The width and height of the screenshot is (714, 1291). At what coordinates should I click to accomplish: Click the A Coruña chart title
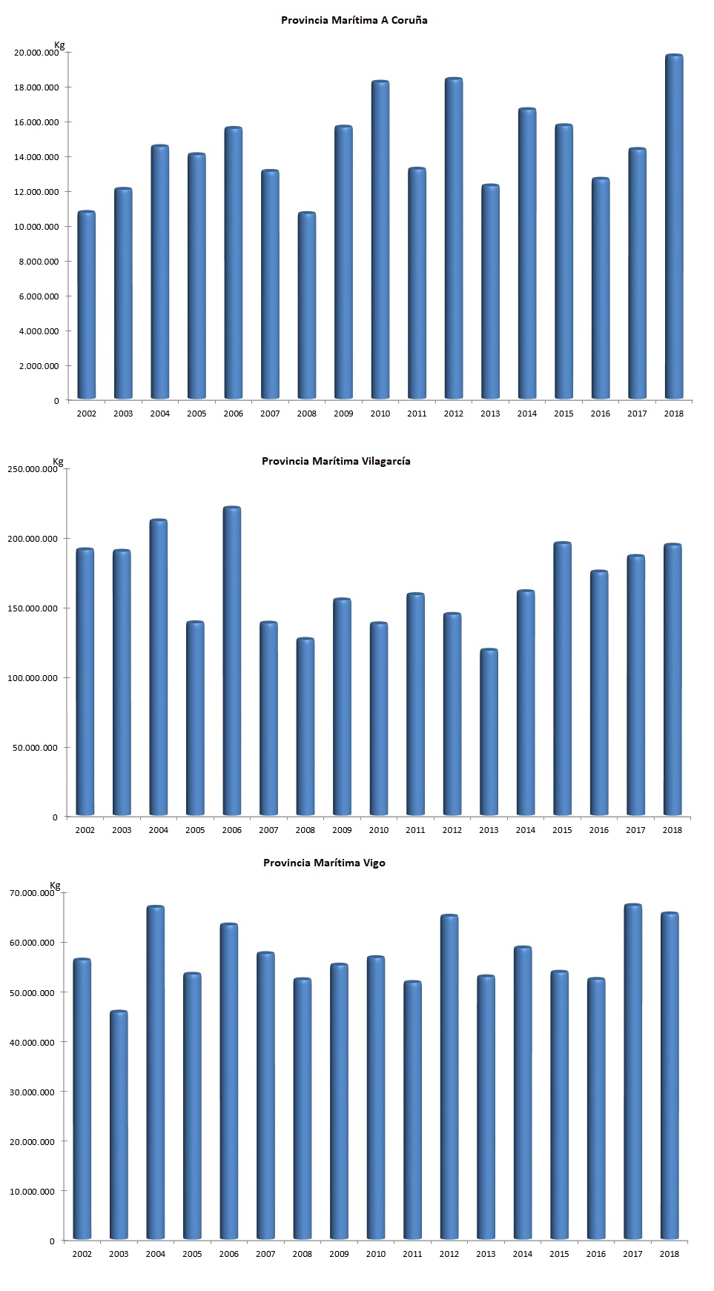click(354, 20)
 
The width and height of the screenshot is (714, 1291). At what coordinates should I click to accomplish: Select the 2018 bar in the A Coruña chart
click(674, 227)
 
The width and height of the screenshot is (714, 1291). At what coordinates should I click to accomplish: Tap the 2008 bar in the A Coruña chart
click(307, 305)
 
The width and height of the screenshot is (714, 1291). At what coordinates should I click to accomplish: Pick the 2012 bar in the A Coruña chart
click(454, 238)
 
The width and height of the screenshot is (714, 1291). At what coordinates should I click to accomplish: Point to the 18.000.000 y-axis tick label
click(36, 87)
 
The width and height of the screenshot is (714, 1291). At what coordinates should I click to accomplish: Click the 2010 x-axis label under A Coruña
click(380, 414)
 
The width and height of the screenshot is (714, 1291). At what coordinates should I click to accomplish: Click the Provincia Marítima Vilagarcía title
click(336, 461)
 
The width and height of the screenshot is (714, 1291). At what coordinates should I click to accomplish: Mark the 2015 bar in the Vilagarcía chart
click(562, 679)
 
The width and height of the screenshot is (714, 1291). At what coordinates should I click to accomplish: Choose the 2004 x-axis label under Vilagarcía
click(159, 830)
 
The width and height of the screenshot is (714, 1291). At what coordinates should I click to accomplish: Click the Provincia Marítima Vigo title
click(324, 863)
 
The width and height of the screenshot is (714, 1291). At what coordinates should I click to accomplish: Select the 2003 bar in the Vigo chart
click(119, 1125)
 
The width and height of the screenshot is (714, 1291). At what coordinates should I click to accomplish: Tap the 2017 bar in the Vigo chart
click(632, 1072)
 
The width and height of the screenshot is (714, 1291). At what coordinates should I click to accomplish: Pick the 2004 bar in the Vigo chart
click(156, 1072)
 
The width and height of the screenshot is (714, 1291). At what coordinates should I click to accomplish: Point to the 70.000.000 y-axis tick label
click(32, 893)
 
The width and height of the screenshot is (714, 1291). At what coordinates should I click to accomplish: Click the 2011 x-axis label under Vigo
click(412, 1254)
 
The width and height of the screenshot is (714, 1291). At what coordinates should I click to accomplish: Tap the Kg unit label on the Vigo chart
click(56, 886)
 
